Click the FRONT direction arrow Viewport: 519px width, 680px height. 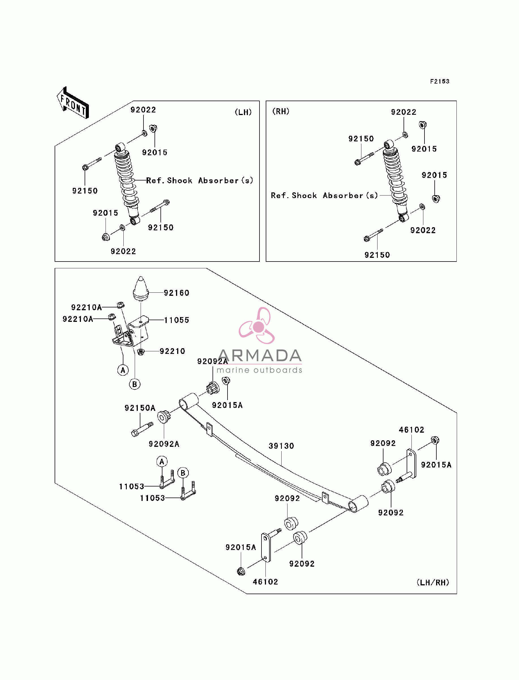click(73, 103)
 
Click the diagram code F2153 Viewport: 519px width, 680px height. click(439, 81)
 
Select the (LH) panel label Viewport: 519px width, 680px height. click(243, 112)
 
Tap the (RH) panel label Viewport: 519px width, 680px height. click(281, 111)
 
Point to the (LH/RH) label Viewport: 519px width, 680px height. click(433, 582)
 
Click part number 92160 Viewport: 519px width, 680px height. click(176, 293)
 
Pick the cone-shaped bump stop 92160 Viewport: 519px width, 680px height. click(141, 288)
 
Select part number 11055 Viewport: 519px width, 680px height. click(176, 320)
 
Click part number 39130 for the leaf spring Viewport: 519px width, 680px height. click(281, 446)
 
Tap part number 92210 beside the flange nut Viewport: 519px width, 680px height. click(172, 351)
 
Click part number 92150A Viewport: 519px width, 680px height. click(140, 408)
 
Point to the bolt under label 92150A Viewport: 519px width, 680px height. click(142, 429)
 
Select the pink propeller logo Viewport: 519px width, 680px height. click(257, 326)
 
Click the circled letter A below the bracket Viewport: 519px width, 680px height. click(123, 370)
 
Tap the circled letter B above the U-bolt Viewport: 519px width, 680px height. click(183, 473)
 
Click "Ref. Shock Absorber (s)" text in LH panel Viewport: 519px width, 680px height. click(200, 180)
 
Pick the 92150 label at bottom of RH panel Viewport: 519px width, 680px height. click(377, 255)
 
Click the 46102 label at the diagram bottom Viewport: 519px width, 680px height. click(265, 582)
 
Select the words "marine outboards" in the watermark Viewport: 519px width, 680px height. click(259, 370)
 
